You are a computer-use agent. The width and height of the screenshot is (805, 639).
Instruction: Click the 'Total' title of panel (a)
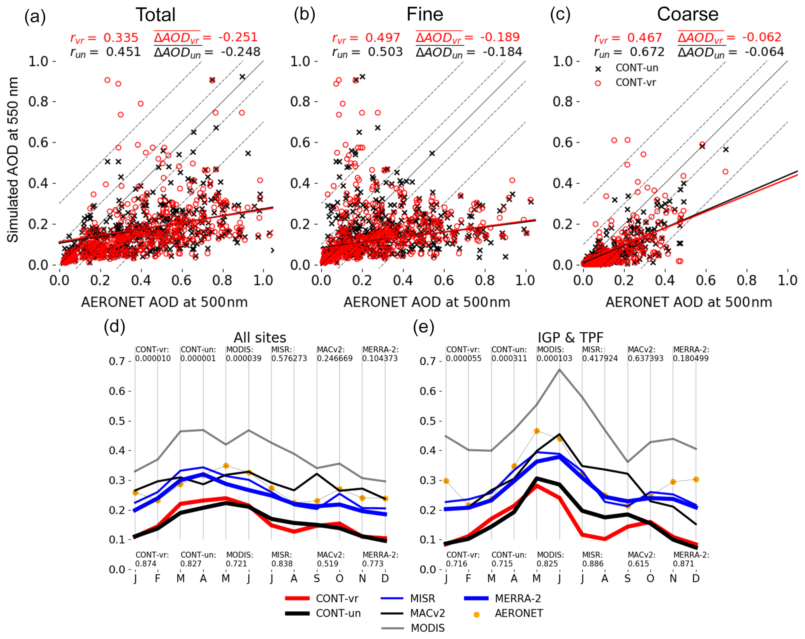[x=155, y=15]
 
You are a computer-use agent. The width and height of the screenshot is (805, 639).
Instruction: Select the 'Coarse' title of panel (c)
[x=687, y=14]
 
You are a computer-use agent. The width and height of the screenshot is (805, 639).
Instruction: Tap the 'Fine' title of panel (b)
[x=425, y=15]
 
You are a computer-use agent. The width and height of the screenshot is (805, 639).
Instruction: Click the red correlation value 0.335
[x=121, y=38]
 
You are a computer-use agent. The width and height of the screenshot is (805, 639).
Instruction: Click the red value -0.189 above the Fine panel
[x=500, y=37]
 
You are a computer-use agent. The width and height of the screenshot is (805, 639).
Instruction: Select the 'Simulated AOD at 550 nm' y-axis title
[x=13, y=160]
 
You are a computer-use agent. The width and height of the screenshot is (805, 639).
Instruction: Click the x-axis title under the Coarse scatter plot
[x=688, y=302]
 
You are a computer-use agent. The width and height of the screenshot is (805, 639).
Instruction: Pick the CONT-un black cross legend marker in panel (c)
[x=598, y=69]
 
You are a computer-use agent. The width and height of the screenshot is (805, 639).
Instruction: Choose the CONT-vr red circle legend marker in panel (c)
[x=598, y=83]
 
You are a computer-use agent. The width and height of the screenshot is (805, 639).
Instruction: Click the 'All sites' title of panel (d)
[x=260, y=338]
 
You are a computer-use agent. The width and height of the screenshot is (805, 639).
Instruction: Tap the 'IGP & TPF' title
[x=571, y=338]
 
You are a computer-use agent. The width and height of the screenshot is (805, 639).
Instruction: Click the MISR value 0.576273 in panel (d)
[x=289, y=358]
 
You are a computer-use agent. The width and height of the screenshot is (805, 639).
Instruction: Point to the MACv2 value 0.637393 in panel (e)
[x=645, y=358]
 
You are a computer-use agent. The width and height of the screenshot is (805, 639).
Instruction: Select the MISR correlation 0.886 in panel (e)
[x=593, y=563]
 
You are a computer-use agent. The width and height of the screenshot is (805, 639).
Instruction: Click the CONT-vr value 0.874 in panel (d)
[x=146, y=563]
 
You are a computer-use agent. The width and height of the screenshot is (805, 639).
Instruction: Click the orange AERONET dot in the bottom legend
[x=476, y=614]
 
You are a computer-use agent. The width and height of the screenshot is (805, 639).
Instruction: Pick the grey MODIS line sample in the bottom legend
[x=393, y=628]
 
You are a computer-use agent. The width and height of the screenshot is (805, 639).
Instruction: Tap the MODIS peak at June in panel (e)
[x=559, y=369]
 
